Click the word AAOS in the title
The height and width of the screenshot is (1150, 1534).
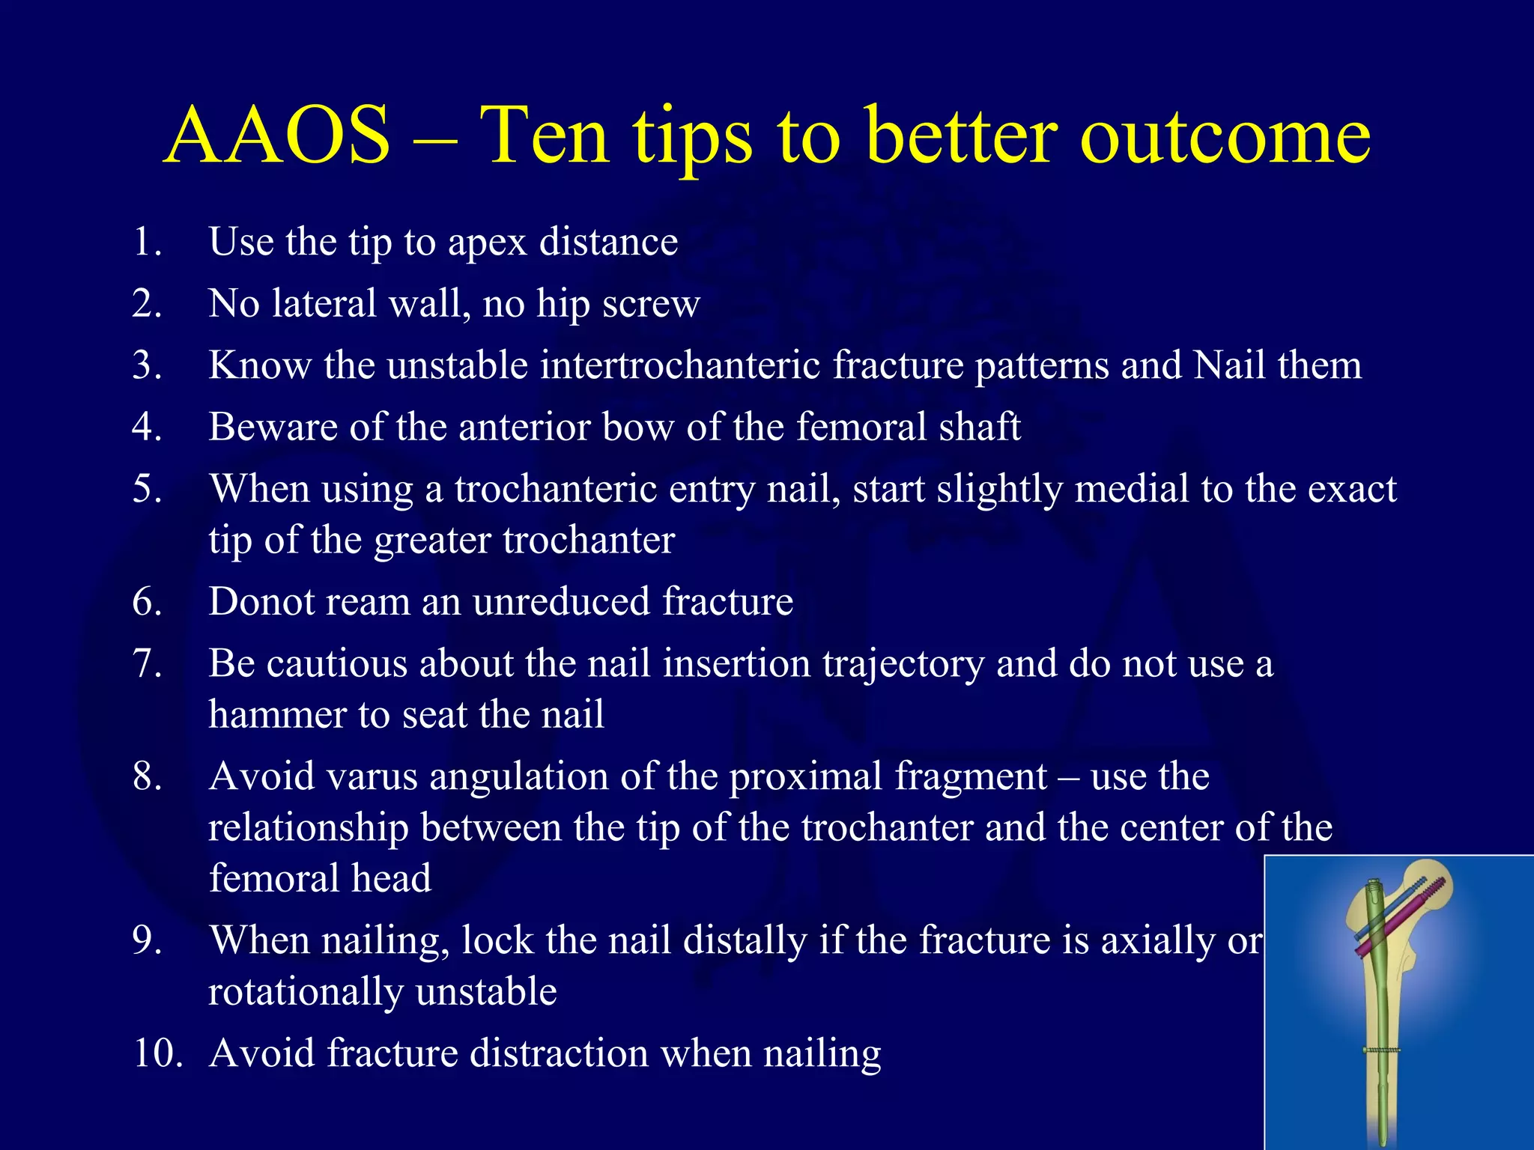click(277, 136)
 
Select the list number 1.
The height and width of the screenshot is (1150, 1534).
click(146, 243)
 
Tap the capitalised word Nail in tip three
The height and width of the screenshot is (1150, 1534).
click(1229, 366)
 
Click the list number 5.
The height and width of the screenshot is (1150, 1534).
click(146, 489)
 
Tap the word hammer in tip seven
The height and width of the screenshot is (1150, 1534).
click(277, 715)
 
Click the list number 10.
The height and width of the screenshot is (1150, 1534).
click(158, 1053)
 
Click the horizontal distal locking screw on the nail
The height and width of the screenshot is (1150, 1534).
click(1381, 1050)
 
